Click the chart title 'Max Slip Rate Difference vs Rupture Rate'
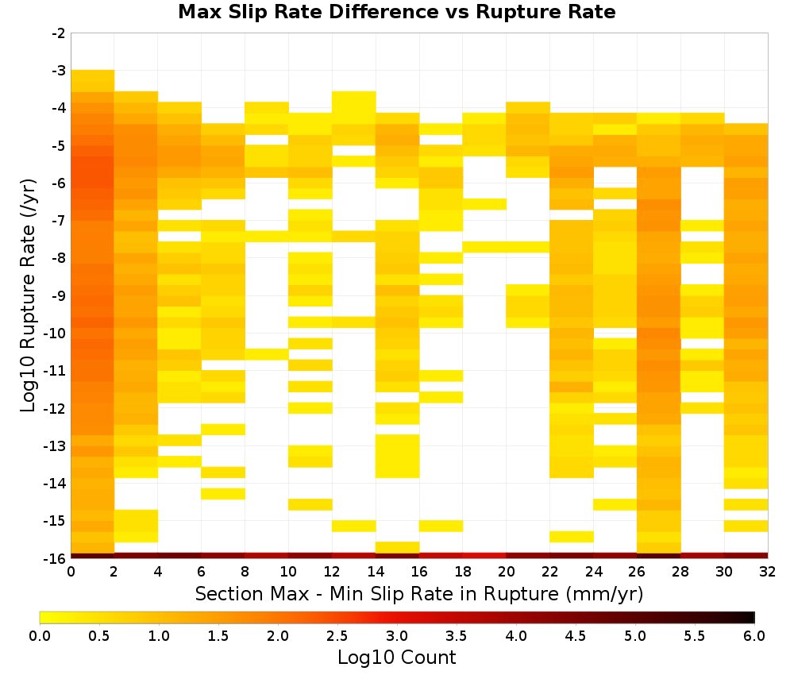click(x=396, y=12)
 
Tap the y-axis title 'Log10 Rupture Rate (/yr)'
click(x=28, y=295)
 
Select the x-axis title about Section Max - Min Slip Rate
click(x=418, y=593)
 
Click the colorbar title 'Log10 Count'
click(x=396, y=658)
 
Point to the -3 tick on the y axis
click(x=59, y=71)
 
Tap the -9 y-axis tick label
click(x=59, y=295)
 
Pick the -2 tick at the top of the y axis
click(x=59, y=33)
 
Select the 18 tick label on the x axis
click(x=462, y=572)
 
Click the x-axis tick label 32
click(x=768, y=572)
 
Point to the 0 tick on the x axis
click(x=71, y=572)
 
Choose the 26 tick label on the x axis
click(x=637, y=572)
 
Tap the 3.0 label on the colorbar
click(x=397, y=635)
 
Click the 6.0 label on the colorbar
click(x=754, y=635)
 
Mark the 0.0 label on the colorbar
click(x=40, y=635)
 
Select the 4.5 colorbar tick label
click(x=576, y=635)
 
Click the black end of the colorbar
click(x=752, y=617)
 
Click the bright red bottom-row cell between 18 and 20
click(x=484, y=556)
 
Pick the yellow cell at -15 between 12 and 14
click(x=354, y=526)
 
